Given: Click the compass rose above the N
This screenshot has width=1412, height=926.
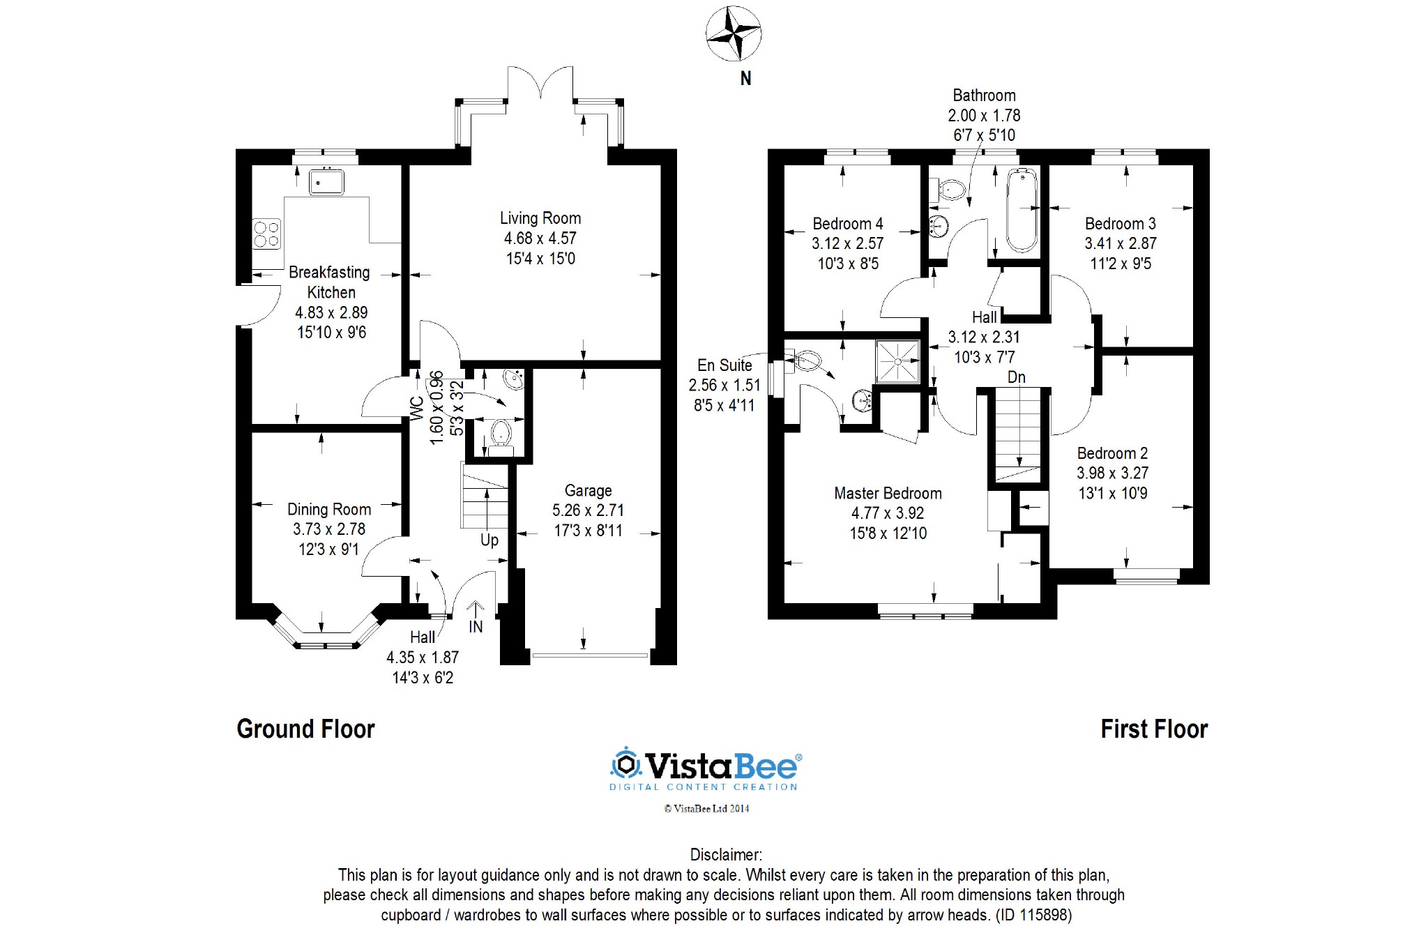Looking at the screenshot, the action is tap(733, 33).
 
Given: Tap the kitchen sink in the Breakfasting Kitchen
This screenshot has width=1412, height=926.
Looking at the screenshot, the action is tap(326, 181).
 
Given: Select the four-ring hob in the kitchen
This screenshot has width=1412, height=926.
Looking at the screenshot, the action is tap(266, 234).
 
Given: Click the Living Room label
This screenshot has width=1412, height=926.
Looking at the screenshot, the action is tap(540, 218).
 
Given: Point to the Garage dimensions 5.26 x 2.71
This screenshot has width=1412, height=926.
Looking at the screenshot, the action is tap(588, 510).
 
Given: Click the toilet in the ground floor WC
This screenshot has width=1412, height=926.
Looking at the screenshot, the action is tap(501, 437).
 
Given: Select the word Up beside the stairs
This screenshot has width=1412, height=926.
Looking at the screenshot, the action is tap(489, 540).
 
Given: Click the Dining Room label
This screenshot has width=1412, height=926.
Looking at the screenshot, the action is tap(329, 510).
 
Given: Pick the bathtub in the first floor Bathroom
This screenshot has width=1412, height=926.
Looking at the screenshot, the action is tap(1022, 209).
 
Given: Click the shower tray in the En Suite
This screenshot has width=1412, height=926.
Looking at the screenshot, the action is tap(898, 361).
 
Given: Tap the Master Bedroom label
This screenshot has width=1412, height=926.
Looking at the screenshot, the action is tap(888, 494).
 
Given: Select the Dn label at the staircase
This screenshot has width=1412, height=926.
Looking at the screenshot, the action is tap(1017, 377).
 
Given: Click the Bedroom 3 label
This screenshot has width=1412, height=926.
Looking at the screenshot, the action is tap(1121, 224).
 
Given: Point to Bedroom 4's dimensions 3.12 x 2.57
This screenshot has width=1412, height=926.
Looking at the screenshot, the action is tap(847, 244).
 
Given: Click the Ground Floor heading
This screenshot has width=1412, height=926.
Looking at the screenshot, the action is tap(306, 729).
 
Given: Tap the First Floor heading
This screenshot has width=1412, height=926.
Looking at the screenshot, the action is tap(1154, 729).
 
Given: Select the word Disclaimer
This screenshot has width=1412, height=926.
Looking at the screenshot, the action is tap(726, 855).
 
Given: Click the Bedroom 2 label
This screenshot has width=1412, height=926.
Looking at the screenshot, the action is tap(1112, 453).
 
